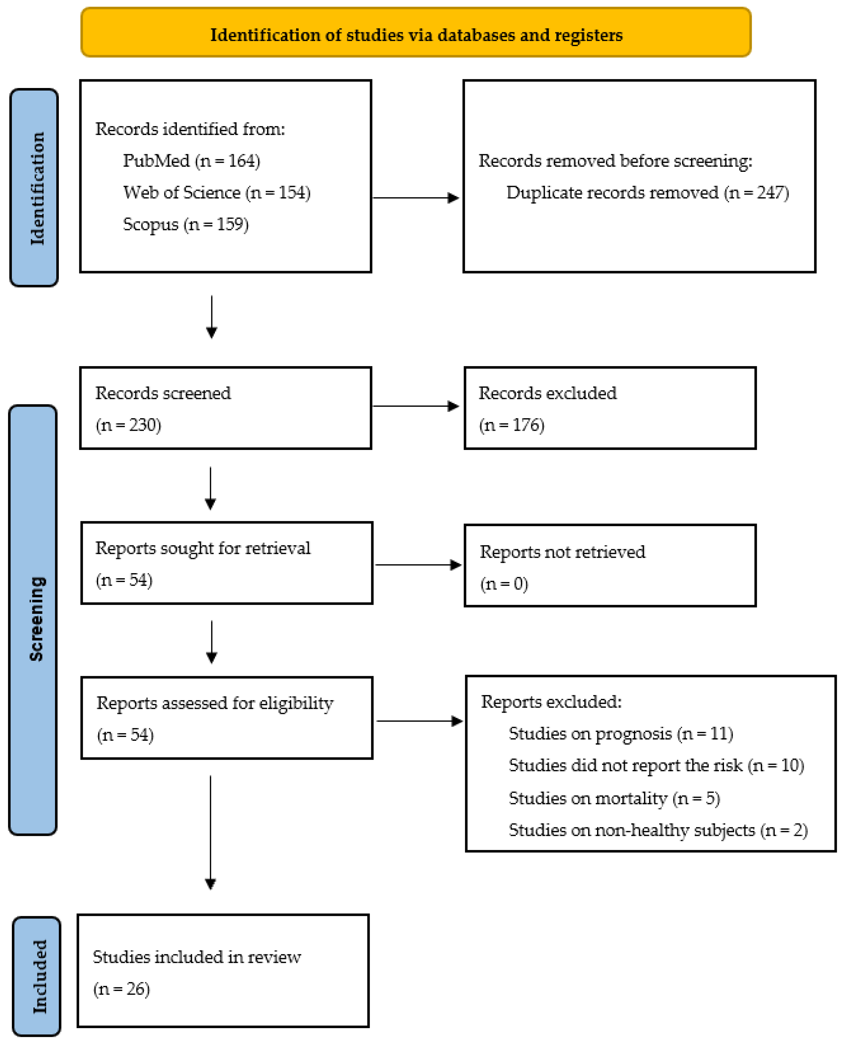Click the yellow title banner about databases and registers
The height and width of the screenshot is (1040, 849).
point(416,32)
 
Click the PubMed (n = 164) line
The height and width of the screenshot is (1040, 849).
point(191,161)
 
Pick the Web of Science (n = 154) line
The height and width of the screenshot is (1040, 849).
point(217,192)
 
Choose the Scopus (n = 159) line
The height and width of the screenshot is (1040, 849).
point(186,224)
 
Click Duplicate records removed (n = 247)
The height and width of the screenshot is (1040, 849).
point(648,192)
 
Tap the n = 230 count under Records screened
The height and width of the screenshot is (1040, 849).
point(128,425)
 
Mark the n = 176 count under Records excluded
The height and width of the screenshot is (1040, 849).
point(512,425)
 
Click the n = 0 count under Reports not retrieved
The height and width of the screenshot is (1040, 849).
point(504,584)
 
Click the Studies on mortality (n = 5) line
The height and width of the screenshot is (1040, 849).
point(614,798)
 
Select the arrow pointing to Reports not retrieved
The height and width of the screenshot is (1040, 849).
point(418,565)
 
